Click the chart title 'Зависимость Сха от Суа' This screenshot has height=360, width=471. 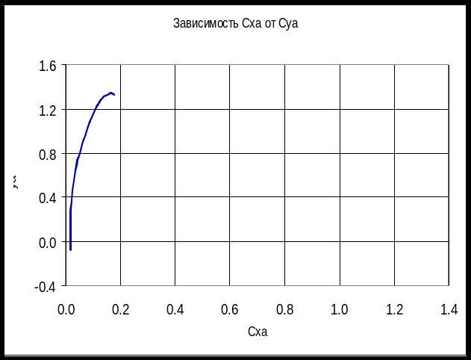pyautogui.click(x=235, y=24)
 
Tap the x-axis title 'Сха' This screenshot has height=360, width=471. pyautogui.click(x=257, y=332)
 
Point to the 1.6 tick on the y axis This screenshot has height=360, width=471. pyautogui.click(x=47, y=66)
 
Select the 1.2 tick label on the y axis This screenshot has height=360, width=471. pyautogui.click(x=47, y=111)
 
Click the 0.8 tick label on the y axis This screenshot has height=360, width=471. pyautogui.click(x=47, y=155)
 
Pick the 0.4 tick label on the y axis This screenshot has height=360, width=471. pyautogui.click(x=47, y=198)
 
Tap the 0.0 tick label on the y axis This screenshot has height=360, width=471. pyautogui.click(x=47, y=242)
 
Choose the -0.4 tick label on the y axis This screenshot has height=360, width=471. pyautogui.click(x=46, y=286)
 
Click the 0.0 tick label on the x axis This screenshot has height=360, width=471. pyautogui.click(x=66, y=308)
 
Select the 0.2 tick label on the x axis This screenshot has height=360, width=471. pyautogui.click(x=121, y=308)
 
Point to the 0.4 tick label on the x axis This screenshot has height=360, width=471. pyautogui.click(x=175, y=308)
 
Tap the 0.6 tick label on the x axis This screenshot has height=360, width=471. pyautogui.click(x=230, y=308)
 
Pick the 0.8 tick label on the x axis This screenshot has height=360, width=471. pyautogui.click(x=285, y=308)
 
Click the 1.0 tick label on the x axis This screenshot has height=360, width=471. pyautogui.click(x=340, y=308)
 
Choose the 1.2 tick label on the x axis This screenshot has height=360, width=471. pyautogui.click(x=394, y=308)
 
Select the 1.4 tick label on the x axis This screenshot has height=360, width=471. pyautogui.click(x=449, y=308)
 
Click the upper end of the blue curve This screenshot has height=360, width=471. pyautogui.click(x=113, y=93)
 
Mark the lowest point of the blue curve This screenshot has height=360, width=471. pyautogui.click(x=70, y=249)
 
